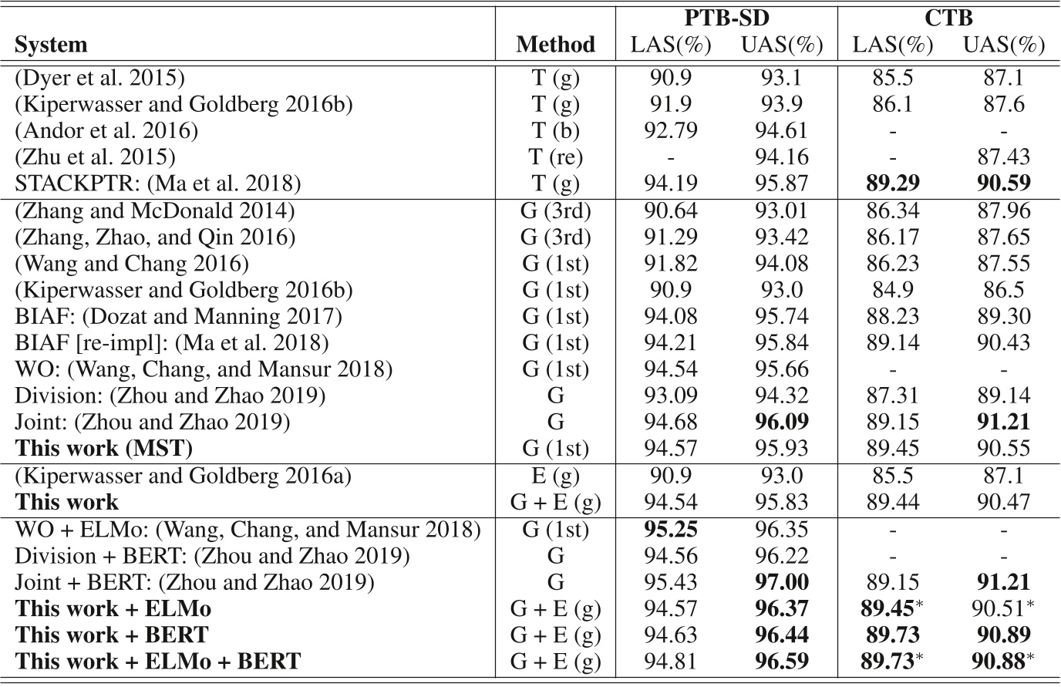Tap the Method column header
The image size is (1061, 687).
pos(555,45)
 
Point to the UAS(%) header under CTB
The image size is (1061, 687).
pos(1003,45)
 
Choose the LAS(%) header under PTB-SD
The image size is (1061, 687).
pos(671,45)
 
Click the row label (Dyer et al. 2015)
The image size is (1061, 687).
pos(100,78)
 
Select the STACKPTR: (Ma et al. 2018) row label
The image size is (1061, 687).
pos(158,184)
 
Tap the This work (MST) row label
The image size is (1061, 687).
pos(104,447)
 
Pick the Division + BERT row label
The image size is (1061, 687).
pos(213,555)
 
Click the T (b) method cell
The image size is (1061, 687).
pos(555,131)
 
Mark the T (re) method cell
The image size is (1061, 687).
pos(555,157)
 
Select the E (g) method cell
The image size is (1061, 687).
pos(555,476)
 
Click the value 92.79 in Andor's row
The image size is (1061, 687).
pos(671,131)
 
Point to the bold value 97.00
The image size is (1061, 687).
pos(780,582)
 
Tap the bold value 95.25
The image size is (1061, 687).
pos(671,529)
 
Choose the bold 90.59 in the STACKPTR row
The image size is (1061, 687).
pos(1003,184)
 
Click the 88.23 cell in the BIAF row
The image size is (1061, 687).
pos(892,316)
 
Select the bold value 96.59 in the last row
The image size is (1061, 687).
pos(780,662)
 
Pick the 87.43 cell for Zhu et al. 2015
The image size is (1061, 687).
pos(1003,157)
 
